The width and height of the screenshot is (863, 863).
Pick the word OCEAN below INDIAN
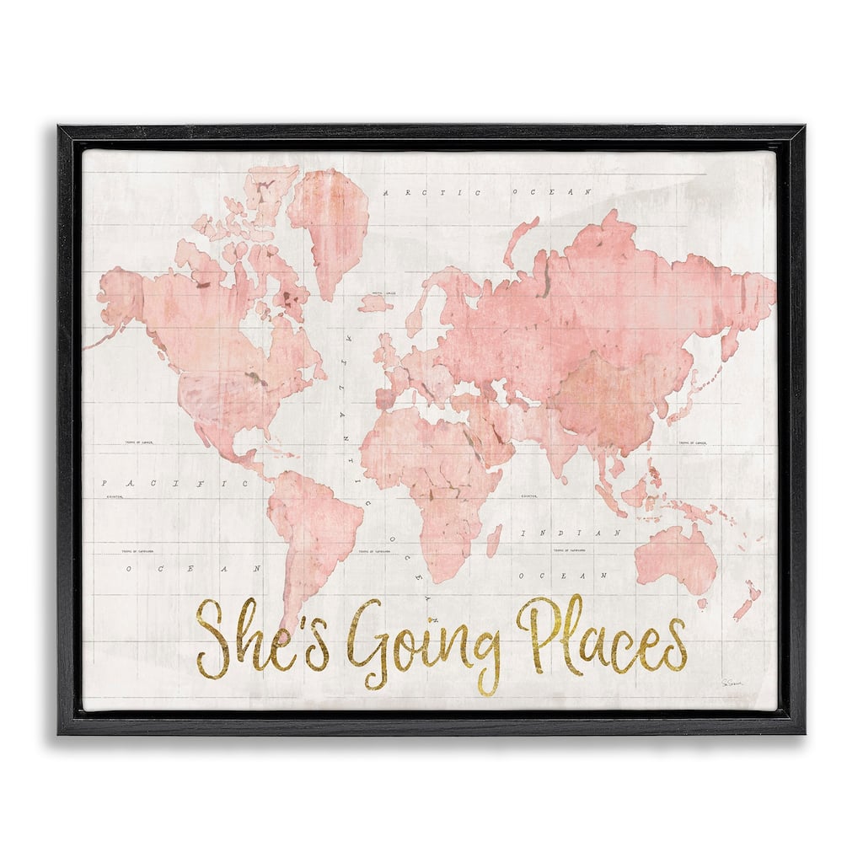pyautogui.click(x=562, y=575)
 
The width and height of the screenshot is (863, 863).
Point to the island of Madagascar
pyautogui.click(x=494, y=540)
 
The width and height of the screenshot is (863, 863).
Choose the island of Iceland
pyautogui.click(x=375, y=303)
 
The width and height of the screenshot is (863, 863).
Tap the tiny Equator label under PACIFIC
pyautogui.click(x=115, y=497)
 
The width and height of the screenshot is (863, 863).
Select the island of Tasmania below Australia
pyautogui.click(x=701, y=603)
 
